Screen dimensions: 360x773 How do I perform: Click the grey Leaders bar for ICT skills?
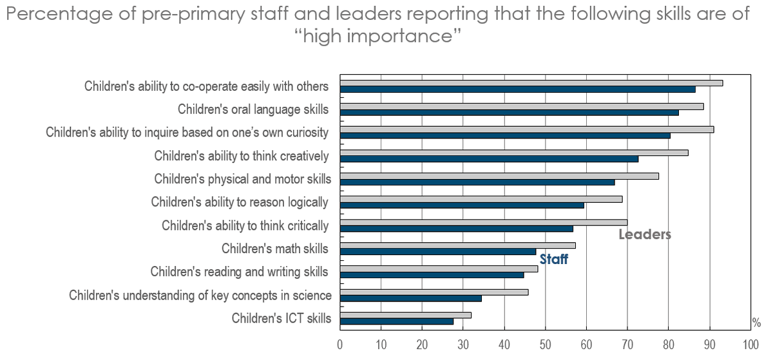coord(406,315)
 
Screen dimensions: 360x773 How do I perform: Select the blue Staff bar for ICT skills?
coord(397,321)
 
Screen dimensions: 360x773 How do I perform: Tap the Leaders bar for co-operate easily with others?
coord(531,82)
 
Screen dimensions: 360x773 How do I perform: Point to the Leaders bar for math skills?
coord(457,245)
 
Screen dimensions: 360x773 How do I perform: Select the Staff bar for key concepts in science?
coord(410,298)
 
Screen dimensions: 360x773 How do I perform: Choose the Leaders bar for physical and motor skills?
coord(499,176)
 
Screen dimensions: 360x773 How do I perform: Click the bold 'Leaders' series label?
coord(645,235)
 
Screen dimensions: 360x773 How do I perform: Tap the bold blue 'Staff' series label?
coord(553,260)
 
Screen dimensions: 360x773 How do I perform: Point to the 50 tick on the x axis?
coord(546,344)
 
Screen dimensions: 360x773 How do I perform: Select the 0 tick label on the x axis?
coord(340,344)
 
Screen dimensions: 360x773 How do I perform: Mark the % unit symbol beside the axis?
coord(756,323)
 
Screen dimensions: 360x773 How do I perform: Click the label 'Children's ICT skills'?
coord(282,318)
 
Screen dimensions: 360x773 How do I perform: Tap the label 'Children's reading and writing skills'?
coord(240,272)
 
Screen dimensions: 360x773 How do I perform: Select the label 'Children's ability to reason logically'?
coord(240,202)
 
